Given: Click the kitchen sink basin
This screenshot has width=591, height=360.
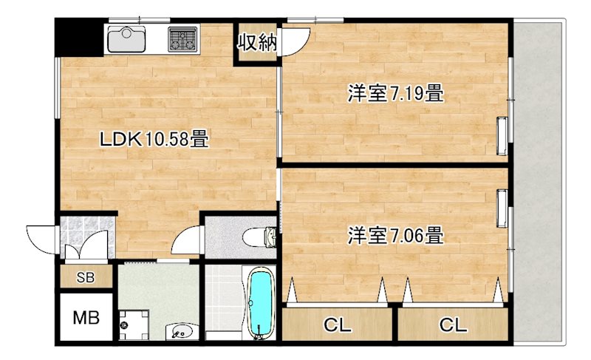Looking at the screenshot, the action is pyautogui.click(x=126, y=39).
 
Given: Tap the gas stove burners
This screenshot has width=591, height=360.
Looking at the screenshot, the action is pyautogui.click(x=182, y=39).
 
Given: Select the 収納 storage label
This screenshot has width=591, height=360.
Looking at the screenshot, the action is pyautogui.click(x=257, y=42).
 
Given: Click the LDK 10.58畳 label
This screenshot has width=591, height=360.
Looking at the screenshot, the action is pyautogui.click(x=154, y=139).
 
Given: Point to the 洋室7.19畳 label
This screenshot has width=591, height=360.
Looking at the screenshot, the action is pyautogui.click(x=395, y=93).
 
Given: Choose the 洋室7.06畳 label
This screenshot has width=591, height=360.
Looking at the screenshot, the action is pyautogui.click(x=395, y=235).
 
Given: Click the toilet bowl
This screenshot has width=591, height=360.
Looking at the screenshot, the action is pyautogui.click(x=259, y=237).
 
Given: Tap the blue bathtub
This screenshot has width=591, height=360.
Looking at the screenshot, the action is pyautogui.click(x=259, y=302).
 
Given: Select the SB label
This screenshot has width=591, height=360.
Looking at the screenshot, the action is pyautogui.click(x=86, y=278).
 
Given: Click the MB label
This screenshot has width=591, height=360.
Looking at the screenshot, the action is pyautogui.click(x=86, y=318).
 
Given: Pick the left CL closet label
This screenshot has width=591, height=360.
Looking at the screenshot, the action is pyautogui.click(x=338, y=325).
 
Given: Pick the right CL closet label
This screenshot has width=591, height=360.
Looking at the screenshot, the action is pyautogui.click(x=453, y=325).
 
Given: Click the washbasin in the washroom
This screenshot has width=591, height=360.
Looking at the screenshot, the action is pyautogui.click(x=182, y=331).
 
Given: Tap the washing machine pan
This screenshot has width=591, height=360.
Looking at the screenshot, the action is pyautogui.click(x=134, y=325).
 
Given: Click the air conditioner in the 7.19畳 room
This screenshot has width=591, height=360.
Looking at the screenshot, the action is pyautogui.click(x=502, y=136).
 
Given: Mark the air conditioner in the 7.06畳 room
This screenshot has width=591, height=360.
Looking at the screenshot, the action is pyautogui.click(x=502, y=208).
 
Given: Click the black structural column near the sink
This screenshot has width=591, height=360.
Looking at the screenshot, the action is pyautogui.click(x=78, y=37).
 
